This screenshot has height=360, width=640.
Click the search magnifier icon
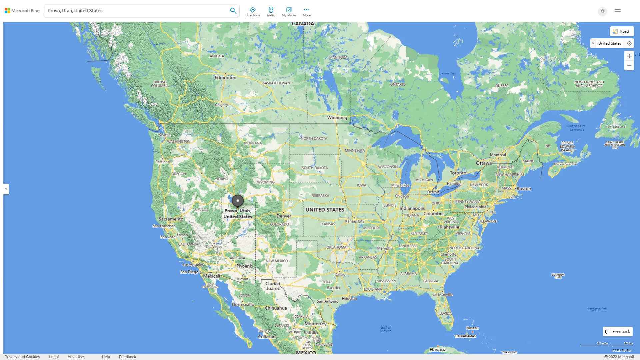point(233,11)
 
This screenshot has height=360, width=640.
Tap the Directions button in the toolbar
point(253,12)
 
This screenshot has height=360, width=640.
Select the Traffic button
point(271,12)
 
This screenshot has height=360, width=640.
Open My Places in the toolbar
point(289,12)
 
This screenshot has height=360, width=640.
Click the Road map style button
point(622,31)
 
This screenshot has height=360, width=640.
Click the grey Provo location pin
point(238,201)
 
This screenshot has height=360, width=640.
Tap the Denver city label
point(284,216)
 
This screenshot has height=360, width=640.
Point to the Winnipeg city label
point(337,118)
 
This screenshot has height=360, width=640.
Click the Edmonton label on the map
point(225,77)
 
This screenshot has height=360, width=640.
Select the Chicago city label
point(402,196)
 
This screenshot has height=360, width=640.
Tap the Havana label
point(438,350)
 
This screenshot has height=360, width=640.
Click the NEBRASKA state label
point(320,196)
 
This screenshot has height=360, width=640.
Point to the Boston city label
point(524,189)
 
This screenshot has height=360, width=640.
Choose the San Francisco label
point(164,226)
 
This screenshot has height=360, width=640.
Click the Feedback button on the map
point(618,332)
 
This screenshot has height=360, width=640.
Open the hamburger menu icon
point(618,11)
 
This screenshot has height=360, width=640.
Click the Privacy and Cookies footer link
point(22,357)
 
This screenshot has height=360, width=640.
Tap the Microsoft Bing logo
point(22,11)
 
